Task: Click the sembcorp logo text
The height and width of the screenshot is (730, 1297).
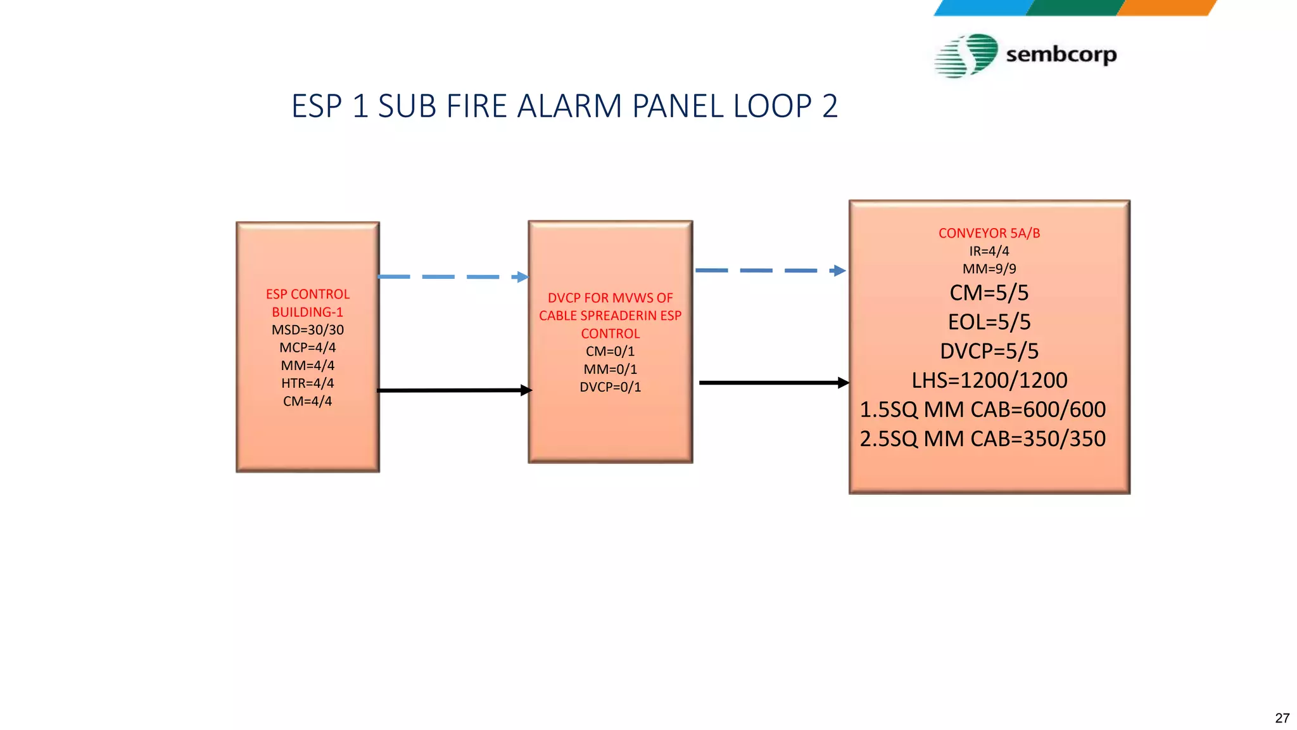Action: click(1061, 54)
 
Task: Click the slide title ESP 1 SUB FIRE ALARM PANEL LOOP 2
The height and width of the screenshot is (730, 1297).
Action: click(564, 106)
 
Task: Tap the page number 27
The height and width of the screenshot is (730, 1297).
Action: click(1282, 718)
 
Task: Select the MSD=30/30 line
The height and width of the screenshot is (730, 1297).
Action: click(308, 330)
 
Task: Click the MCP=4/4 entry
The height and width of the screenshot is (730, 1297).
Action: click(308, 348)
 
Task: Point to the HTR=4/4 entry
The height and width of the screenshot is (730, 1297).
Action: click(308, 383)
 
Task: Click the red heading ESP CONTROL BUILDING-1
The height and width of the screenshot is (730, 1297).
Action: click(308, 303)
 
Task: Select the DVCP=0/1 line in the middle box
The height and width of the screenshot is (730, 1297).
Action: click(610, 387)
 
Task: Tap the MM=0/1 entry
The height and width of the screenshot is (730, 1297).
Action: click(610, 369)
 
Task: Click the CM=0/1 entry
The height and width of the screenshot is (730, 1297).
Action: click(610, 352)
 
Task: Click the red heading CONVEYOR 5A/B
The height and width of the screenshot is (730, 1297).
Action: click(989, 233)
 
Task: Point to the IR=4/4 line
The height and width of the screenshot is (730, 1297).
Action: click(989, 251)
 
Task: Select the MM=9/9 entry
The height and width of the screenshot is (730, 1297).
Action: click(989, 269)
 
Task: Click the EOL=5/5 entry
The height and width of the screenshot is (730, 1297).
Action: click(989, 322)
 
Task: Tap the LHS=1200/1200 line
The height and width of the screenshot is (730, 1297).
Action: click(989, 380)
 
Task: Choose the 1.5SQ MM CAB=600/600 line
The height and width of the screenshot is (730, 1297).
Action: click(983, 409)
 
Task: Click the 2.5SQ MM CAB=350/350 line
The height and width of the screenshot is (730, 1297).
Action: click(983, 439)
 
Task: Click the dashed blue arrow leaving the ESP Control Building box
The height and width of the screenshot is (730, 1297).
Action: click(452, 277)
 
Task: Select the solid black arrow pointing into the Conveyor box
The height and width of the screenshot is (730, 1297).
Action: click(773, 383)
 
